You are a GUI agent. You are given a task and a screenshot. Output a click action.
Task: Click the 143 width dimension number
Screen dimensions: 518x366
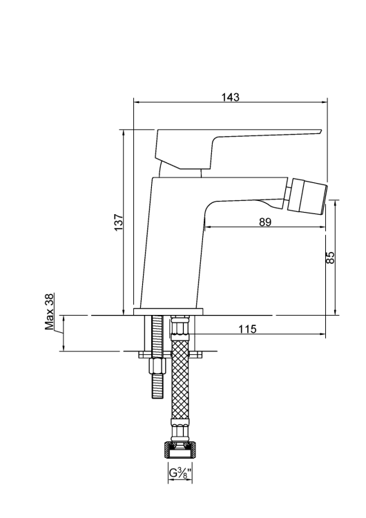coord(231,97)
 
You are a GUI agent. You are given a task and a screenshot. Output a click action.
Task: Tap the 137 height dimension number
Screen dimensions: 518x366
coord(118,222)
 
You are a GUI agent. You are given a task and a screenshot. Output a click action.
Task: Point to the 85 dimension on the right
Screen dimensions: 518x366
coord(331,257)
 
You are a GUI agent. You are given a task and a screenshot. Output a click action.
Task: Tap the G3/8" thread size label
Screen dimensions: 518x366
coord(180,473)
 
